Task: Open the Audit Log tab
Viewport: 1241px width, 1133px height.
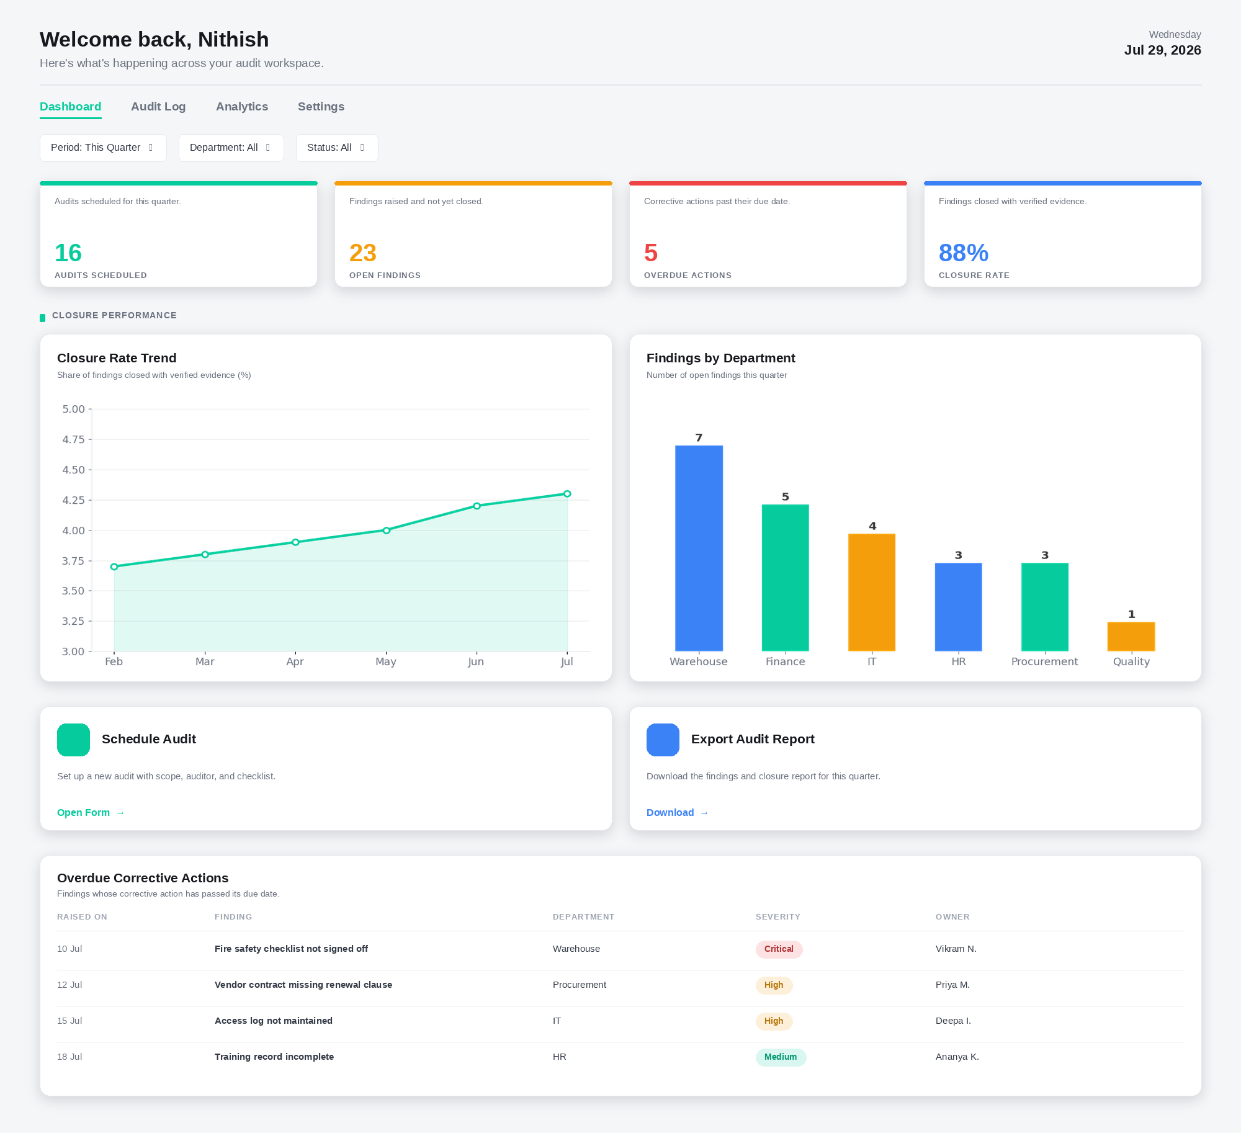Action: [158, 107]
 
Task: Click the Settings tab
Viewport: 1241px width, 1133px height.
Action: [321, 107]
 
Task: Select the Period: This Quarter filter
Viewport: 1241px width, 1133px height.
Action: [103, 148]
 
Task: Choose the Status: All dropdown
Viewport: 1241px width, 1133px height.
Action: [337, 148]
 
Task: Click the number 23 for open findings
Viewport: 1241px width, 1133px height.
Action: [363, 253]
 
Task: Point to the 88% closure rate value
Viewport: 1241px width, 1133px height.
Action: [964, 253]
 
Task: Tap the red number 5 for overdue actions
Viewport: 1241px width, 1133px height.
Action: [651, 253]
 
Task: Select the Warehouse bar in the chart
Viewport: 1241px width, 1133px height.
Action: [699, 548]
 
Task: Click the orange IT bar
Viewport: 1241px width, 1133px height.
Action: [872, 592]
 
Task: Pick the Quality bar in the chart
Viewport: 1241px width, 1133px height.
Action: [1131, 637]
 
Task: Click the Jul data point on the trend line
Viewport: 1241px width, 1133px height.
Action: [567, 494]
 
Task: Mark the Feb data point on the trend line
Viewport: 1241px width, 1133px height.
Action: [114, 566]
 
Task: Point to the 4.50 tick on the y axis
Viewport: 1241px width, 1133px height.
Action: [74, 470]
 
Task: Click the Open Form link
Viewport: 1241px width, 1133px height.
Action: [91, 813]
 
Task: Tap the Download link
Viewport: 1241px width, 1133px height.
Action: [678, 813]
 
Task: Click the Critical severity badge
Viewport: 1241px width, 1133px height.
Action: [779, 949]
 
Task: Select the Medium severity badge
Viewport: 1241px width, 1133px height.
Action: [781, 1057]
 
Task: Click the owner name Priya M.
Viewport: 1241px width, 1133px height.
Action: [952, 985]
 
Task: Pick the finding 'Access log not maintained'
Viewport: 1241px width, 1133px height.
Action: [274, 1021]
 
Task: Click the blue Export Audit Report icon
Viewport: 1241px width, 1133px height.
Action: [663, 740]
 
